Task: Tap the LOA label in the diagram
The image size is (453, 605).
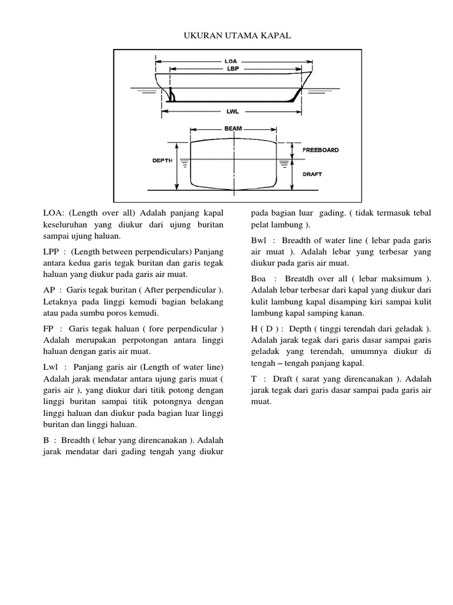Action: (x=231, y=60)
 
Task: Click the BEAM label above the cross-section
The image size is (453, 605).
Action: (x=233, y=128)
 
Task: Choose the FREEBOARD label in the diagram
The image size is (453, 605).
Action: (x=320, y=150)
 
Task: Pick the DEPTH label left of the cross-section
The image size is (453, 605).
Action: (x=160, y=160)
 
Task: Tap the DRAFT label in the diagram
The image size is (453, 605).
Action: (x=312, y=174)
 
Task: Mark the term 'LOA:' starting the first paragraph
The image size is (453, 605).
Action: (x=54, y=213)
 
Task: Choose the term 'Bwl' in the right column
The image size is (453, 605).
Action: (x=259, y=241)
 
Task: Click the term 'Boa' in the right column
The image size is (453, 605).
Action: (x=259, y=279)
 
